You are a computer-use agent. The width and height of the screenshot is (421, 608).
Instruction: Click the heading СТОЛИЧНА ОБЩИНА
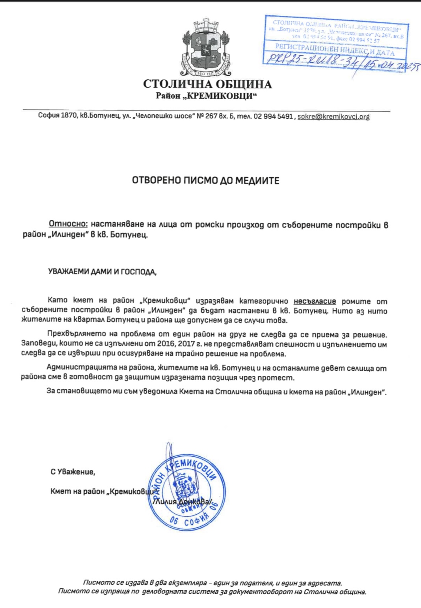pos(207,84)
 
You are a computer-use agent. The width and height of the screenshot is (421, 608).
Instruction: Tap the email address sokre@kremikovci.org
pos(333,116)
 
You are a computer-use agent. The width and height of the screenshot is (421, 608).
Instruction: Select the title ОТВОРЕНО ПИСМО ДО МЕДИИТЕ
pos(206,181)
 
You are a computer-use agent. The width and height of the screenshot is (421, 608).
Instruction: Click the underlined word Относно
pos(68,224)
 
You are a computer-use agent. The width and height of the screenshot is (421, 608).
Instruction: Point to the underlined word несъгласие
pos(315,301)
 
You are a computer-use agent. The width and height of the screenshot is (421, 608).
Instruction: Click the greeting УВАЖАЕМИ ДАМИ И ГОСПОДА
pos(102,272)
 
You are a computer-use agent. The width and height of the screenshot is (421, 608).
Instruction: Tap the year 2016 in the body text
pos(166,344)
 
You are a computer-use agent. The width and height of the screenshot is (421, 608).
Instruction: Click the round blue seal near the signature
pos(184,490)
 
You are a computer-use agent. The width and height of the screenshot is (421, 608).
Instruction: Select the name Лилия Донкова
pos(183,502)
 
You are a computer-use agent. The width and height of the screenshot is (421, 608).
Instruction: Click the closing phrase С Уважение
pos(73,472)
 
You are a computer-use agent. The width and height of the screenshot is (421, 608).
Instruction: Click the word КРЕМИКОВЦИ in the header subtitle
pos(222,96)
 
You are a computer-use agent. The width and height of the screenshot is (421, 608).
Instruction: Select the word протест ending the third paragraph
pos(280,377)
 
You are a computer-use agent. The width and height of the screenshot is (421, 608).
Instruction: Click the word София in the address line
pos(48,116)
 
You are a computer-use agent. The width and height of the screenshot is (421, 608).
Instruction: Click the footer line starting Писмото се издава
pos(212,583)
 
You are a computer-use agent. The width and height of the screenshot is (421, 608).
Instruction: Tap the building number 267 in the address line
pos(211,116)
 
